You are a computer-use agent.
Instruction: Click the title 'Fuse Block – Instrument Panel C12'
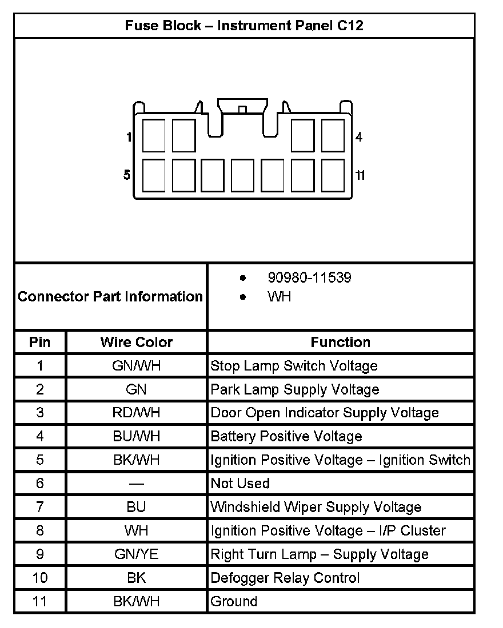point(244,26)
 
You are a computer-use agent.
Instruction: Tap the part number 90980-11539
point(309,278)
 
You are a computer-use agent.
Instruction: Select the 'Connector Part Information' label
point(110,297)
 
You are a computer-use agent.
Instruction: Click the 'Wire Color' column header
point(137,342)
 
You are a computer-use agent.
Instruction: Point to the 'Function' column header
point(341,342)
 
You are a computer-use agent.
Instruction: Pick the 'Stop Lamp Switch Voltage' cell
point(294,366)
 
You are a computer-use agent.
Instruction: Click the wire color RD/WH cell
point(137,413)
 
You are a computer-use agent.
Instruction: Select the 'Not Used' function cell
point(240,484)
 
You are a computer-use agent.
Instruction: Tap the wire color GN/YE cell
point(136,554)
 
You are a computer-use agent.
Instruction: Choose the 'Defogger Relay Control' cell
point(285,578)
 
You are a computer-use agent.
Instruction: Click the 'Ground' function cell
point(234,601)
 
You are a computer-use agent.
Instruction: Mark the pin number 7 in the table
point(40,507)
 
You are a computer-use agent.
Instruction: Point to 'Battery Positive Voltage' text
point(286,437)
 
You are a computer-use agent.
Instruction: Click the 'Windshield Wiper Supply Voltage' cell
point(316,507)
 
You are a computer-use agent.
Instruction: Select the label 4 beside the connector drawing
point(359,137)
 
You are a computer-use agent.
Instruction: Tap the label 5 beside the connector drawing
point(127,175)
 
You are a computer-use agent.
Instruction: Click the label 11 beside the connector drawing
point(360,175)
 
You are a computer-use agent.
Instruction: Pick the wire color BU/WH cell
point(137,437)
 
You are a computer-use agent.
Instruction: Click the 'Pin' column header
point(40,342)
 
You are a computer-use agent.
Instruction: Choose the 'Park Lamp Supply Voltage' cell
point(295,389)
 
